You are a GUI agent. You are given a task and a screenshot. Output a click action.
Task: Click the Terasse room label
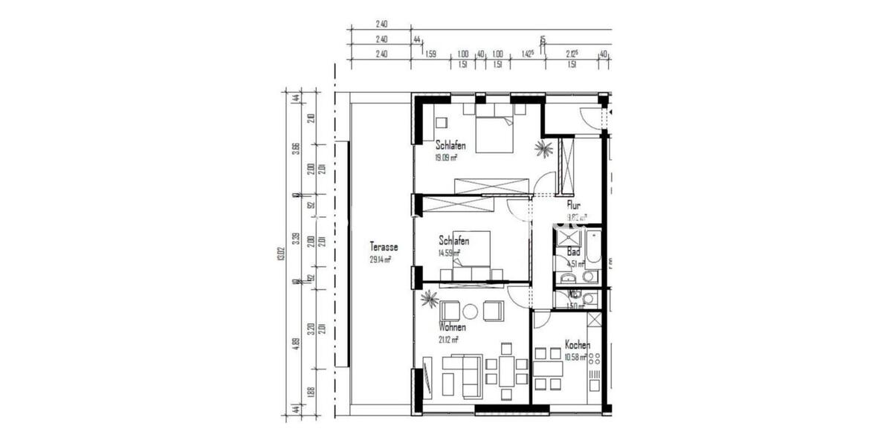tap(384, 247)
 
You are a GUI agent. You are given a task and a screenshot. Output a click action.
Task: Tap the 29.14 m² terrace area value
tap(381, 259)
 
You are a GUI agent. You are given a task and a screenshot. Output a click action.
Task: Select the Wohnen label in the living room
tap(452, 328)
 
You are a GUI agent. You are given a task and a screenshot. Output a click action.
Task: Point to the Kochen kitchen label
tap(578, 345)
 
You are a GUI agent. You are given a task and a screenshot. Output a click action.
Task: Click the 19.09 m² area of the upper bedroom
tap(446, 158)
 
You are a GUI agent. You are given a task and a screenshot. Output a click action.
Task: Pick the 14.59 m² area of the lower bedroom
tap(450, 253)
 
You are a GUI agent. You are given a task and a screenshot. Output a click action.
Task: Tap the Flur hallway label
tap(573, 205)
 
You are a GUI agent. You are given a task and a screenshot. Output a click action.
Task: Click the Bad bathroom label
tap(574, 251)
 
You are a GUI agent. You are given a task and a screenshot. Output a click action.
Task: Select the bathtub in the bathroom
tap(592, 248)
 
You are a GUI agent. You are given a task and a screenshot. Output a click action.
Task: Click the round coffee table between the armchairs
tap(470, 311)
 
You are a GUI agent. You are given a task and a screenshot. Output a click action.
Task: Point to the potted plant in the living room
tap(430, 300)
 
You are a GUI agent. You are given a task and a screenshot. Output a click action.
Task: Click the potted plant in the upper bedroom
tap(544, 149)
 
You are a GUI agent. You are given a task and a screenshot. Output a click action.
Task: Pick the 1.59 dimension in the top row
tap(430, 54)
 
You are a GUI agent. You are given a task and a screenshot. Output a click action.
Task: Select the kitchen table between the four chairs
tap(547, 369)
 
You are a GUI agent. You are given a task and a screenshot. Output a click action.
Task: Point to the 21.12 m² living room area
tap(447, 340)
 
